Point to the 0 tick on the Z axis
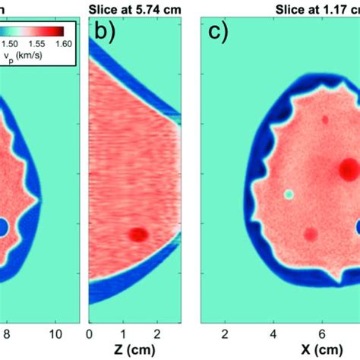click(x=90, y=333)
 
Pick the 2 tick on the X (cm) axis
click(x=224, y=333)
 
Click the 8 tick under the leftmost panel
click(x=6, y=333)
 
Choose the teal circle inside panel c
click(x=289, y=194)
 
